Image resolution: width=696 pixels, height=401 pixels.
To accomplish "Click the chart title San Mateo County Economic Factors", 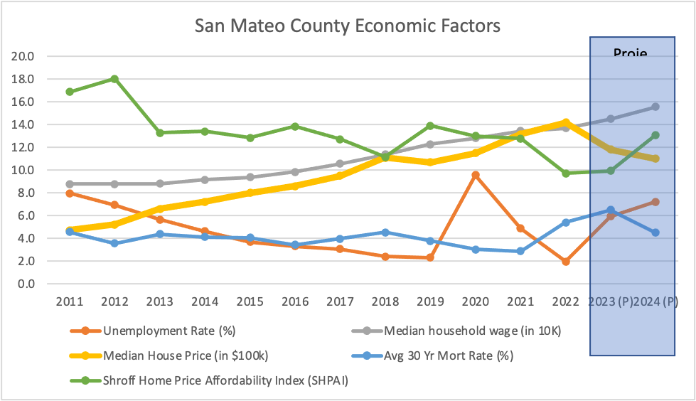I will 348,26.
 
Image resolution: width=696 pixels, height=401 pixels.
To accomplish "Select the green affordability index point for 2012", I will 114,79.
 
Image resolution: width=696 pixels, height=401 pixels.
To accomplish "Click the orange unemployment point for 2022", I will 565,262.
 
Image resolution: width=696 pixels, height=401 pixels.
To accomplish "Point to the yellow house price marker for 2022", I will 565,122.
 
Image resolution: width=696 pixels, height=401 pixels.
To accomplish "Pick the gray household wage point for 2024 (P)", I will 655,107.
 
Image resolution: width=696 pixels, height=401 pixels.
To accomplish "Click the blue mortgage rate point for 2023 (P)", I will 610,210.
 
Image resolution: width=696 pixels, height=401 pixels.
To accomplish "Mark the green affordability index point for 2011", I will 70,92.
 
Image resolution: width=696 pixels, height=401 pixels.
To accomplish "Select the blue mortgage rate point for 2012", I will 114,243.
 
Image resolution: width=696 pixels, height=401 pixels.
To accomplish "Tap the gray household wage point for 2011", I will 70,184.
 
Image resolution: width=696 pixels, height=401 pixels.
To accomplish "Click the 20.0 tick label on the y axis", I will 26,56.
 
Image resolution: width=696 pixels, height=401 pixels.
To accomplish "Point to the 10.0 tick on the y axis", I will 26,170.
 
